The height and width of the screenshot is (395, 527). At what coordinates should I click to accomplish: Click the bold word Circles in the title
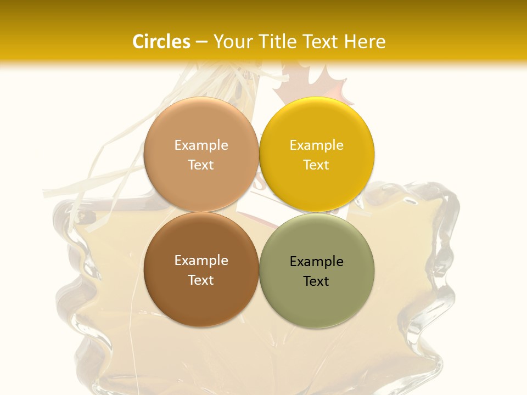[x=161, y=42]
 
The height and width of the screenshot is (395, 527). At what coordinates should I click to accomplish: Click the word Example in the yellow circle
[x=316, y=145]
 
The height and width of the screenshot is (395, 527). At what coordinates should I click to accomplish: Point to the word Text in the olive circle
[x=316, y=281]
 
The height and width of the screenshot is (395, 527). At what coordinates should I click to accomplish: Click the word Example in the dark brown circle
[x=201, y=260]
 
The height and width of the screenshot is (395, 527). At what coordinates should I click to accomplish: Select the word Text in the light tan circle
[x=201, y=165]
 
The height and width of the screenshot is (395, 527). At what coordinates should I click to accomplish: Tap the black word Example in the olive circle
[x=316, y=261]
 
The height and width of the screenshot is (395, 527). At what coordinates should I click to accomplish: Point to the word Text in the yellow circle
[x=316, y=165]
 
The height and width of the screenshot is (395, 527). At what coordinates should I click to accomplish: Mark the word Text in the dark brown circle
[x=201, y=280]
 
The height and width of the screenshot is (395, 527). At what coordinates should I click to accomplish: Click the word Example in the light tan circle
[x=201, y=145]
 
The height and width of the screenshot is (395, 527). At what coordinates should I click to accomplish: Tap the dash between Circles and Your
[x=201, y=42]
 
